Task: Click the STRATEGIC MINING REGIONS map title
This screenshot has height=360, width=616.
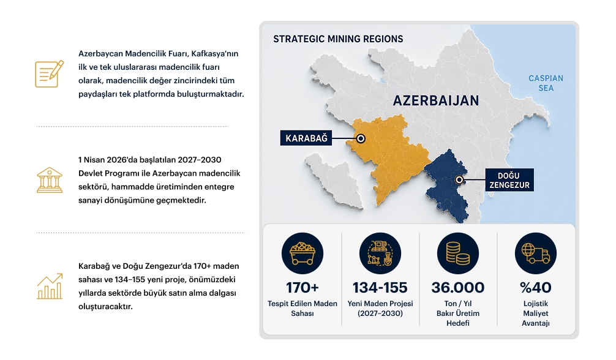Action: (338, 39)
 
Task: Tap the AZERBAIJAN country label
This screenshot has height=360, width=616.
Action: (436, 100)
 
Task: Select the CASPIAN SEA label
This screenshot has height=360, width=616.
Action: (546, 83)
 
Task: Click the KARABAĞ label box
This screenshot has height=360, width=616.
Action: (306, 138)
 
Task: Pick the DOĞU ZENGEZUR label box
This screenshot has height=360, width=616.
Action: (509, 180)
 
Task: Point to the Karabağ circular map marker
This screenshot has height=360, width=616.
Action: (361, 138)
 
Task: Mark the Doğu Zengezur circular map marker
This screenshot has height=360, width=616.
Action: (459, 180)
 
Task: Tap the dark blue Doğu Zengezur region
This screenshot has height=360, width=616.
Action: (446, 185)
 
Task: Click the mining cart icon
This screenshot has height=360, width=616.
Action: (302, 253)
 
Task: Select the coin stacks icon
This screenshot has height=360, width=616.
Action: (457, 253)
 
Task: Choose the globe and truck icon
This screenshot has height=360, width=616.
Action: (535, 253)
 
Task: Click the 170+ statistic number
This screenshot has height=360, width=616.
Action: (302, 288)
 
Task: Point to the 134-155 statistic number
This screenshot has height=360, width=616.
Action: (380, 288)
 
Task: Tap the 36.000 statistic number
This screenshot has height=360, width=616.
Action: (457, 288)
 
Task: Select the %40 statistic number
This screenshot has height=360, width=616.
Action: (535, 288)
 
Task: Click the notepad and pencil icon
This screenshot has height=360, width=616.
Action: (50, 74)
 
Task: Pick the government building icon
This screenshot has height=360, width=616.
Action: (50, 180)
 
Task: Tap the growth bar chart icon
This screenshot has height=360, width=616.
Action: (50, 286)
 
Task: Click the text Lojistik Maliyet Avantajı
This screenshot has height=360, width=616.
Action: (535, 313)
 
